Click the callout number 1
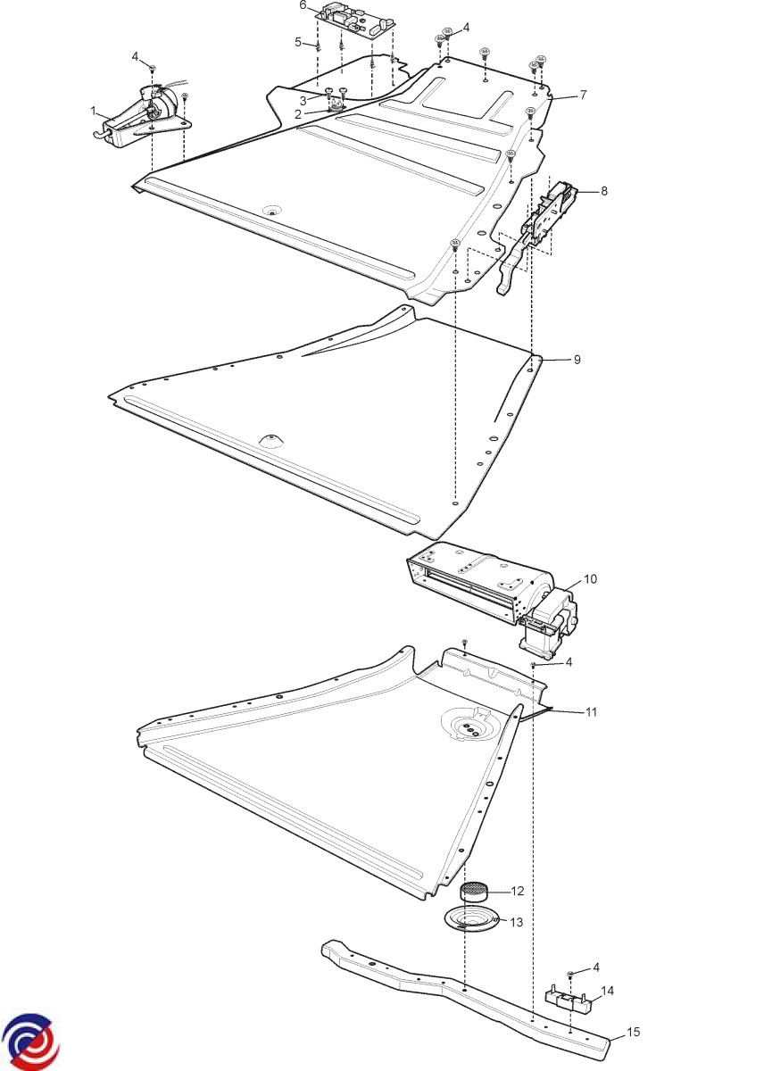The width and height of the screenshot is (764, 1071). point(93,112)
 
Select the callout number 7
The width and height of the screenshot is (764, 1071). point(582,95)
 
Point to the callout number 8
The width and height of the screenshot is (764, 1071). point(604,191)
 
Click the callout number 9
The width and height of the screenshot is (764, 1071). point(577,359)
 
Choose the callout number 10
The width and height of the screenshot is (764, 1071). point(591,579)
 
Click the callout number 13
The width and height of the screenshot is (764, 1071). point(517,922)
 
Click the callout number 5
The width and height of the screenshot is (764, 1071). point(298,43)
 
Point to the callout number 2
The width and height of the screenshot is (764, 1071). point(298,115)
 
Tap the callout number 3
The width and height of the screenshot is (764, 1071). point(303,102)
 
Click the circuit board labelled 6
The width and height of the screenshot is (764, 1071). point(356,19)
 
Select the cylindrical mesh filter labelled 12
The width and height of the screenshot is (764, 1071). point(473,892)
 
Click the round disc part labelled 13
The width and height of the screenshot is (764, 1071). point(472,921)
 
